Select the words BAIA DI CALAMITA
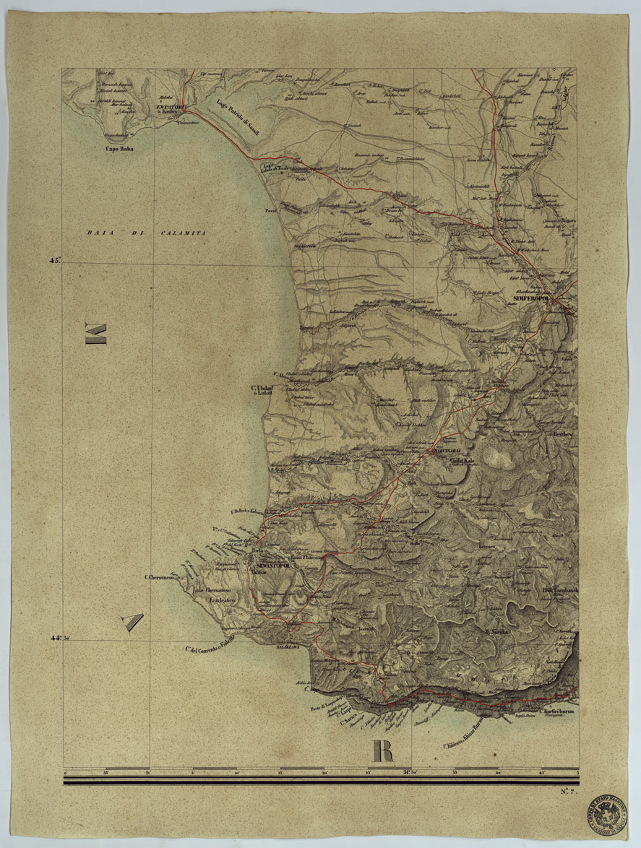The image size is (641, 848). [x=146, y=233]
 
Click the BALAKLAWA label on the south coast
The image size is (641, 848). [x=292, y=648]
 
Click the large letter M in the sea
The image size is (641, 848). [x=97, y=334]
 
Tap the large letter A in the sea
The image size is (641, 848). [x=130, y=620]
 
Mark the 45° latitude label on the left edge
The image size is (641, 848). [x=54, y=261]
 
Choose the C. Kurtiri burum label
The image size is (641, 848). [x=560, y=711]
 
